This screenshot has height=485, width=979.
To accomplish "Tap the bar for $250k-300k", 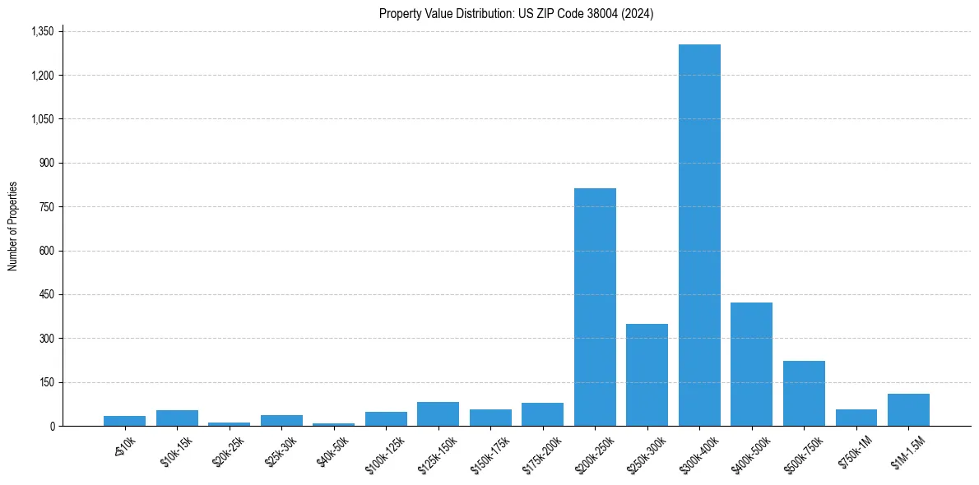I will click(647, 375).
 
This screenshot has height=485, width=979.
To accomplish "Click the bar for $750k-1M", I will click(856, 418).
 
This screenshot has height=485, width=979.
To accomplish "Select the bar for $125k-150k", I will click(438, 413).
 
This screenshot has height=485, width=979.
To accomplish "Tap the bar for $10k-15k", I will click(177, 418).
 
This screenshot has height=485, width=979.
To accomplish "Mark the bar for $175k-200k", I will click(542, 414).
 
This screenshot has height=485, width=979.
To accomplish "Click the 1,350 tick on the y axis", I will click(42, 31).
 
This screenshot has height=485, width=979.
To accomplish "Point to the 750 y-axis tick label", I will click(47, 207).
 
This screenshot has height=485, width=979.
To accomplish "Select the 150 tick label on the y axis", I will click(47, 382).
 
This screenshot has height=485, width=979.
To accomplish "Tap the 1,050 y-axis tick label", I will click(42, 119).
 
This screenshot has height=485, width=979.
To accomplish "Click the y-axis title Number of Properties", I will click(12, 226).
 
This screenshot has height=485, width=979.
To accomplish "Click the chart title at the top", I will click(516, 13).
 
